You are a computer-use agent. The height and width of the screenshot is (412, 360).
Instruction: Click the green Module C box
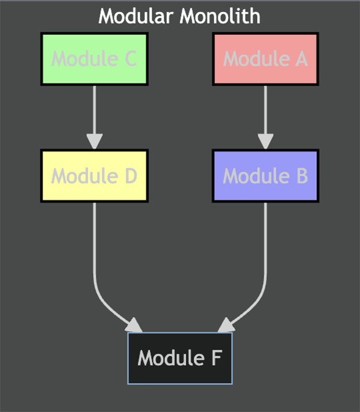[x=94, y=59]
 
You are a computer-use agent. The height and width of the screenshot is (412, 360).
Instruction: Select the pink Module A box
[x=265, y=59]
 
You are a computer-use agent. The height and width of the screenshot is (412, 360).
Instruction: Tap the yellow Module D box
[x=94, y=176]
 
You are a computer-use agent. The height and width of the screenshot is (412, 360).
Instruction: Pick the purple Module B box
[x=265, y=176]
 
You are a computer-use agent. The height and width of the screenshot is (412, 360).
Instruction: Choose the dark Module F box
[x=180, y=358]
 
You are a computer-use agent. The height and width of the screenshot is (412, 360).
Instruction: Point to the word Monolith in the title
[x=223, y=16]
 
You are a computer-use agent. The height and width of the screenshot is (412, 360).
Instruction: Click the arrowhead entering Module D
[x=94, y=142]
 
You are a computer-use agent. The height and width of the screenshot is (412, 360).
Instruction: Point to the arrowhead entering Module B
[x=265, y=142]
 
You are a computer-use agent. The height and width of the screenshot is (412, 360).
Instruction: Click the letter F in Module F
[x=217, y=358]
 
